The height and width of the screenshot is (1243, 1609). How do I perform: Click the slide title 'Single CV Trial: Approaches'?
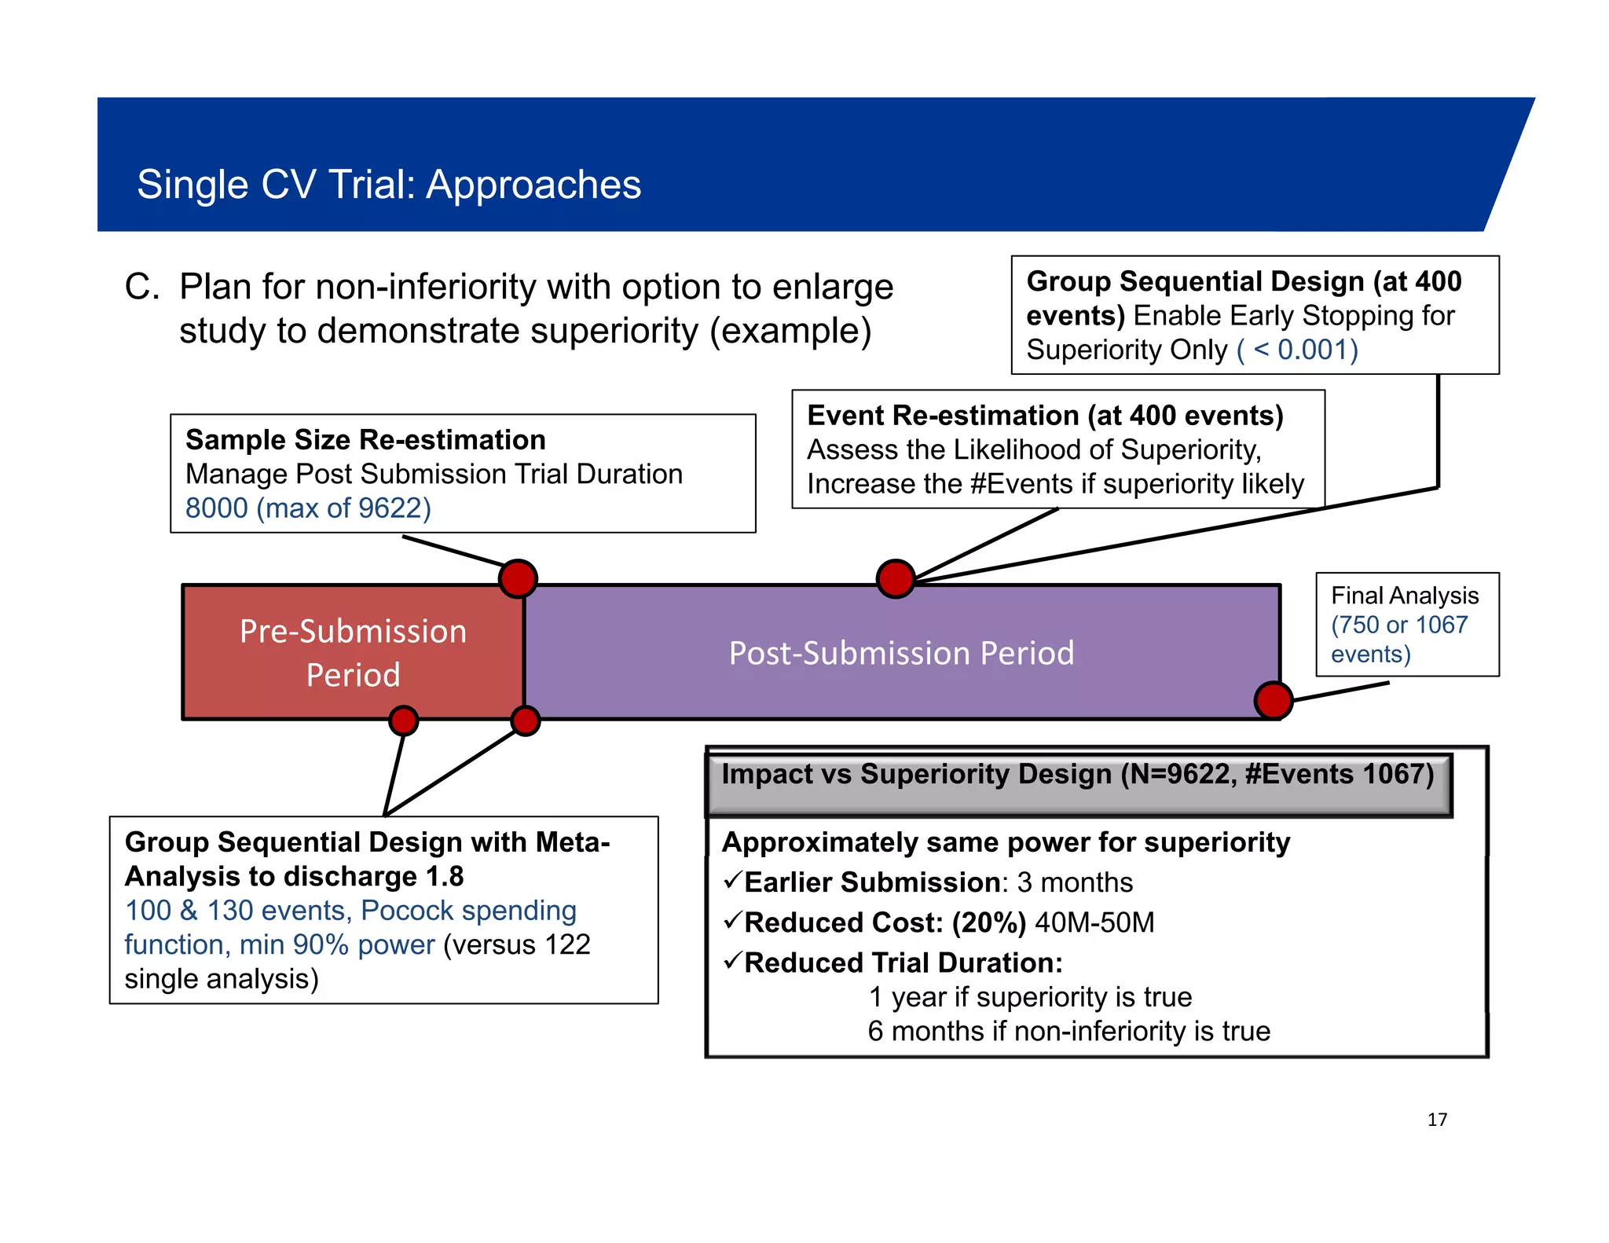pyautogui.click(x=389, y=185)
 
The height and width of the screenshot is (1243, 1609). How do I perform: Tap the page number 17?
pyautogui.click(x=1437, y=1120)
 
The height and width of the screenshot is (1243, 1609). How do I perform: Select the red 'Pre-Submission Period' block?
pyautogui.click(x=353, y=653)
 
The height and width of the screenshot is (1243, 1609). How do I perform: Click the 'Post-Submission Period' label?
pyautogui.click(x=901, y=653)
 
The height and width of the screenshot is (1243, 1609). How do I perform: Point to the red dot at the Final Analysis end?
pyautogui.click(x=1274, y=699)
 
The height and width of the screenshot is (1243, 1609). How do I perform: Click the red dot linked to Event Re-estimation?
pyautogui.click(x=896, y=579)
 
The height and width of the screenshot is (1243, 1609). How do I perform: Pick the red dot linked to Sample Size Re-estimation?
pyautogui.click(x=518, y=579)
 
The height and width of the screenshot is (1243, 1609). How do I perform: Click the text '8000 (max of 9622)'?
pyautogui.click(x=308, y=508)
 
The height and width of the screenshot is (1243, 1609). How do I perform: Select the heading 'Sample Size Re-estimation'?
pyautogui.click(x=365, y=440)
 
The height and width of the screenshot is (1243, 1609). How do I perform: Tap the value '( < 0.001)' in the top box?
pyautogui.click(x=1298, y=350)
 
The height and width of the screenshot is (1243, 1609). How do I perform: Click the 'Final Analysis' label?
pyautogui.click(x=1405, y=596)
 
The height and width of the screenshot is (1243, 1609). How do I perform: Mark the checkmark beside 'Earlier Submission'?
pyautogui.click(x=732, y=881)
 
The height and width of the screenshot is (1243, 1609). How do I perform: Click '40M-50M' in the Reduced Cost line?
pyautogui.click(x=1094, y=922)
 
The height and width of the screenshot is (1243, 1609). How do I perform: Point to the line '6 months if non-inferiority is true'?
pyautogui.click(x=1068, y=1031)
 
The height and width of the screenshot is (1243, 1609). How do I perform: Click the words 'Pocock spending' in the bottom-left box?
pyautogui.click(x=468, y=911)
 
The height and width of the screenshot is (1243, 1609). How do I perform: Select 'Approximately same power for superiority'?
pyautogui.click(x=1006, y=842)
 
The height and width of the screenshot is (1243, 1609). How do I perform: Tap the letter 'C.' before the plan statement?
pyautogui.click(x=142, y=288)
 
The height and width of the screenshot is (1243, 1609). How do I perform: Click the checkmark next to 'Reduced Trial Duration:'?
pyautogui.click(x=732, y=961)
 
